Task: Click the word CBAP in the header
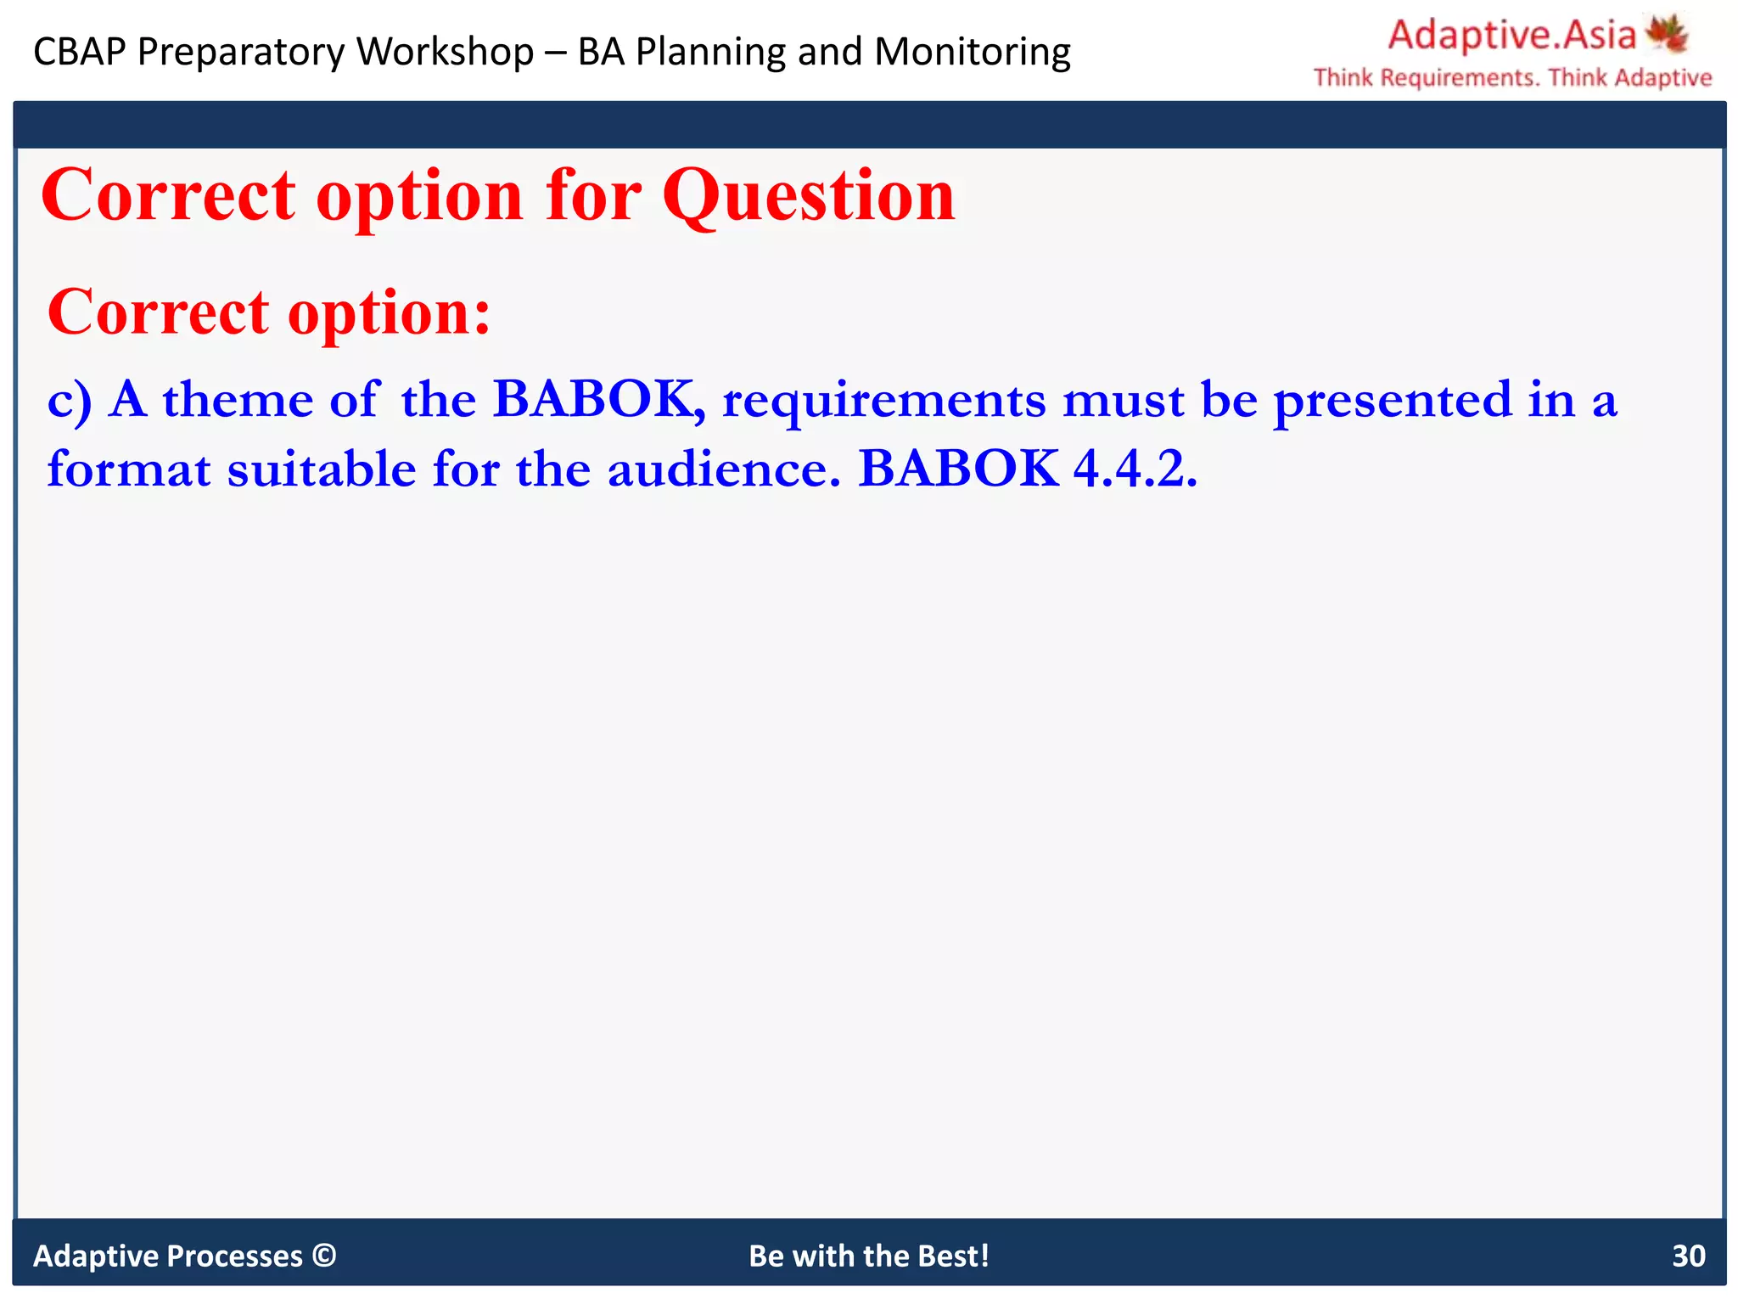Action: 79,52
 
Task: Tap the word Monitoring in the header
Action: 973,52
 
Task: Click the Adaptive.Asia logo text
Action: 1511,35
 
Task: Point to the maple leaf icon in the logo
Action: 1666,34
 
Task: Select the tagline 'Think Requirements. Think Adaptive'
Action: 1512,78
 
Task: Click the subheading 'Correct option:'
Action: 269,312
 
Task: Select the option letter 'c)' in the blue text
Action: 69,400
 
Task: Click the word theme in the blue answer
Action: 238,400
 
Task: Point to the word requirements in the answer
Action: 883,401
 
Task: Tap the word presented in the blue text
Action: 1393,400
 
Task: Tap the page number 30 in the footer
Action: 1688,1256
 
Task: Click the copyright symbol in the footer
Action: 324,1255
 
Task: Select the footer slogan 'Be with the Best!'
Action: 869,1256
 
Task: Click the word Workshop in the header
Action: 446,52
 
